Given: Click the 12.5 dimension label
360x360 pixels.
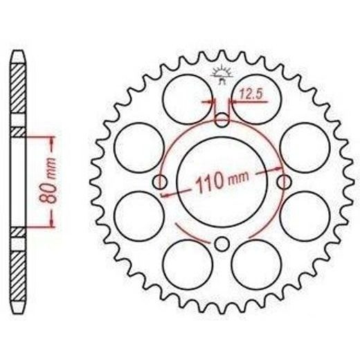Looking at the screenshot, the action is pyautogui.click(x=251, y=94).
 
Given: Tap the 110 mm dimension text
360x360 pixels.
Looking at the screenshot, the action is pyautogui.click(x=222, y=181).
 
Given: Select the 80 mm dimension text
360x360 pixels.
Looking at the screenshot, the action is pyautogui.click(x=48, y=181).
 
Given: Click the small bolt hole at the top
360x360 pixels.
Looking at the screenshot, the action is pyautogui.click(x=222, y=120).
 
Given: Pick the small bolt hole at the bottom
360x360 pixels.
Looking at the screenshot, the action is pyautogui.click(x=222, y=244).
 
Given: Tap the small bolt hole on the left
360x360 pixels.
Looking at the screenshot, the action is pyautogui.click(x=160, y=182).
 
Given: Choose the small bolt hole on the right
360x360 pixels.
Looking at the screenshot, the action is pyautogui.click(x=284, y=182).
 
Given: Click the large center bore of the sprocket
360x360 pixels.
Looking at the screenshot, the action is pyautogui.click(x=222, y=182).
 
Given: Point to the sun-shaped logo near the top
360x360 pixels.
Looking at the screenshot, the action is pyautogui.click(x=222, y=74).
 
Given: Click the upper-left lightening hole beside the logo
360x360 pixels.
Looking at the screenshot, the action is pyautogui.click(x=188, y=99).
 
